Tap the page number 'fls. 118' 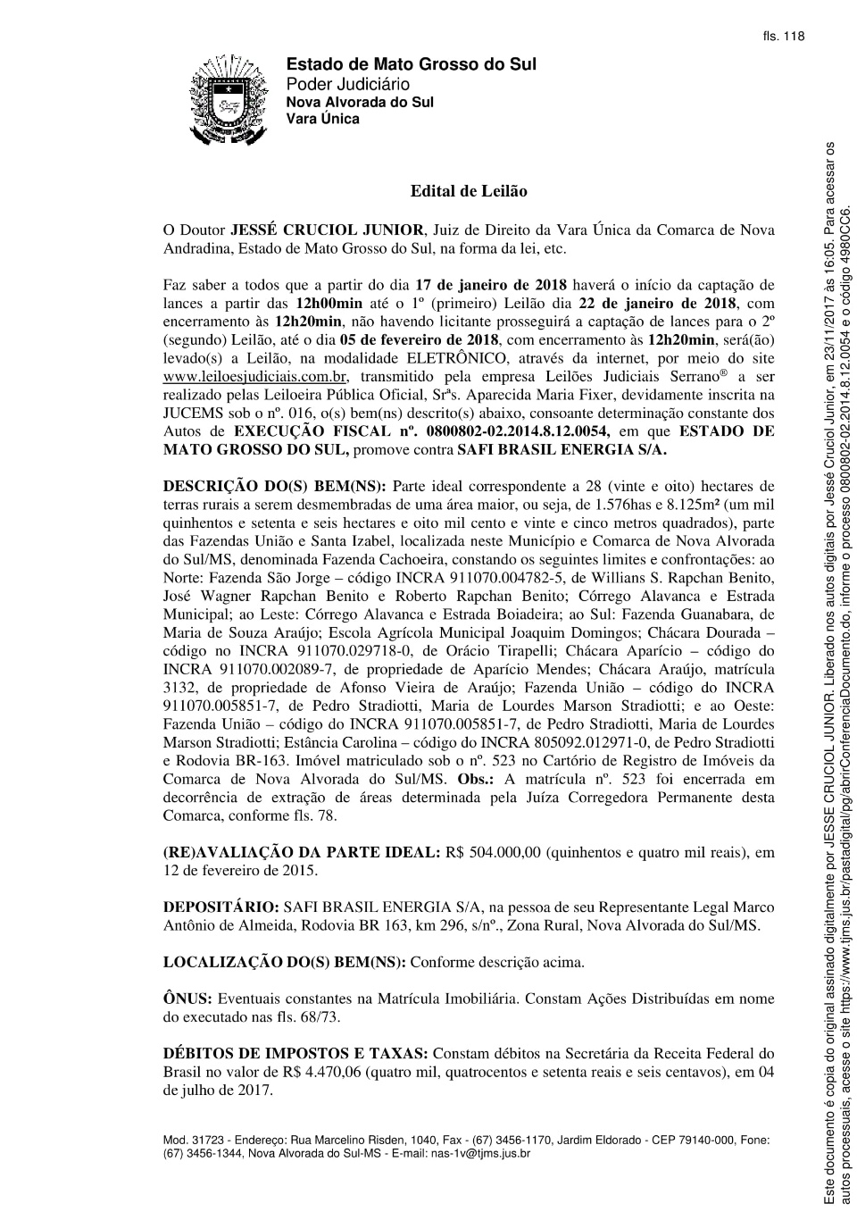pos(784,37)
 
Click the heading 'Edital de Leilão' pos(469,191)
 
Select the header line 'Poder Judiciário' pos(348,84)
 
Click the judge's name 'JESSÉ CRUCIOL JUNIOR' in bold pos(327,230)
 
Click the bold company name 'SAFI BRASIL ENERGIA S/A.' pos(562,449)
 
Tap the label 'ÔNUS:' pos(187,999)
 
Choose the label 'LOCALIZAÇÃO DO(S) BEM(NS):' pos(284,962)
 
